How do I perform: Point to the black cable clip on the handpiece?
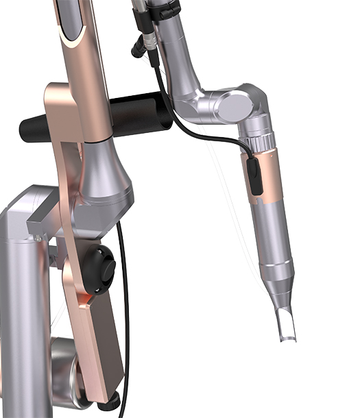coord(256,177)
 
